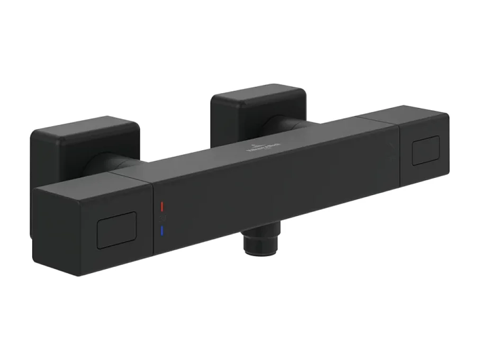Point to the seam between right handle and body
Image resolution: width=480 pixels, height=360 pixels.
pos(396,154)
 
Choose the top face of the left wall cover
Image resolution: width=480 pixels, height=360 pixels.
pos(85,128)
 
